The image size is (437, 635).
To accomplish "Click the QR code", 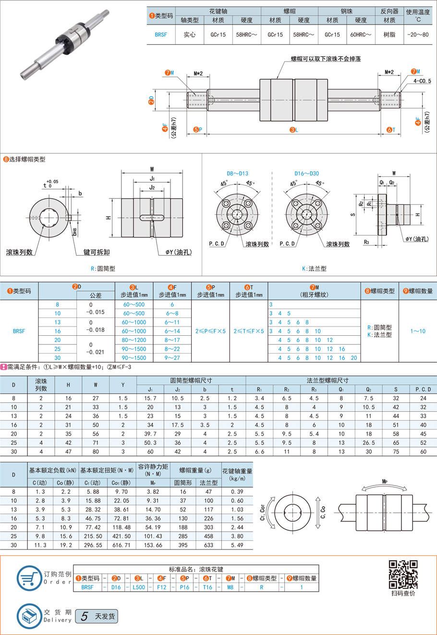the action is (403, 574).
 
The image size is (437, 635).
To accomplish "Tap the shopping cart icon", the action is (29, 578).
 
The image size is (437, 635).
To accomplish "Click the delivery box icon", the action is (29, 616).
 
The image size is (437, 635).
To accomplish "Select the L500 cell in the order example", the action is (139, 587).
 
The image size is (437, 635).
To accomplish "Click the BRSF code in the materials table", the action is (161, 35).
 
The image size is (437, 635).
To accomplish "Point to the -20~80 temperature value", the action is (418, 35).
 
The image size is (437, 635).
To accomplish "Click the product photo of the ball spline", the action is (65, 45).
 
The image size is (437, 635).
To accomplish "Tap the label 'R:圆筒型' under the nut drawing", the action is (103, 269).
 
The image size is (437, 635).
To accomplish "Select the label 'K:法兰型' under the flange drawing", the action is (314, 269).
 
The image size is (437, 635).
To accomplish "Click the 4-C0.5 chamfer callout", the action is (422, 81).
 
